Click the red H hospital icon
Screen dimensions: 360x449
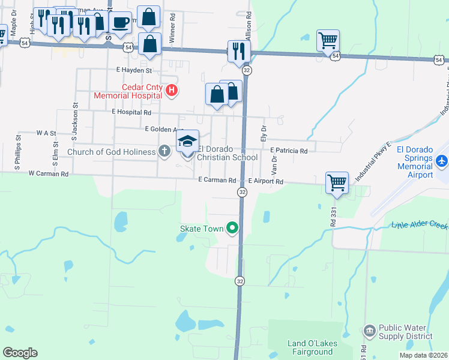172,91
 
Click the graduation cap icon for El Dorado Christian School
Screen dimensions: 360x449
187,142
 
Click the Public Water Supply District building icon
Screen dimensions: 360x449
369,331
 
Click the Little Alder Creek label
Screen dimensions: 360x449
420,225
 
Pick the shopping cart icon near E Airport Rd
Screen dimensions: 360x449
337,182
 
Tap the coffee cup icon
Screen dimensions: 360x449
120,23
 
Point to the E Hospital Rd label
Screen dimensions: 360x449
131,112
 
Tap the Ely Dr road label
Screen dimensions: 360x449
263,133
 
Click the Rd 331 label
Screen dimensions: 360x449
331,216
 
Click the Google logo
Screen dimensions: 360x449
20,353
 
